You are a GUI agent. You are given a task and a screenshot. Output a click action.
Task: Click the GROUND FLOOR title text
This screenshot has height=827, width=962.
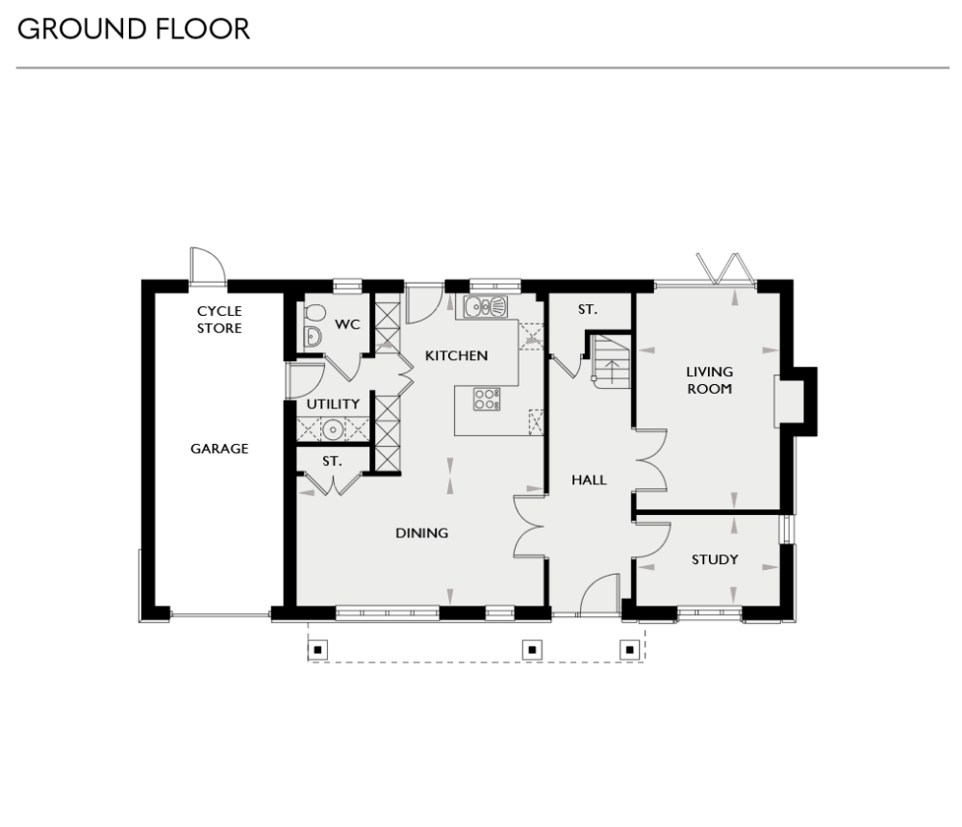(134, 29)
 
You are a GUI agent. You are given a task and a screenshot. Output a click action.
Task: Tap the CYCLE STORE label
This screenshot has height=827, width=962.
(219, 320)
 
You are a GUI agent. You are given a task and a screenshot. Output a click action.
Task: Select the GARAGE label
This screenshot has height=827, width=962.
(219, 449)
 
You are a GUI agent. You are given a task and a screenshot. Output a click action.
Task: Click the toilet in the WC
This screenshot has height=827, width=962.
(314, 314)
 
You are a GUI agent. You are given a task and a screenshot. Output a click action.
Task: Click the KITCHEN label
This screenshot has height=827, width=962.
(457, 355)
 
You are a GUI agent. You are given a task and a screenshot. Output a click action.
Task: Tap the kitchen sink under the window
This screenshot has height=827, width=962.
(486, 307)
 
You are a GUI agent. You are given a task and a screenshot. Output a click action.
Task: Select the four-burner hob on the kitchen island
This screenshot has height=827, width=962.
(487, 399)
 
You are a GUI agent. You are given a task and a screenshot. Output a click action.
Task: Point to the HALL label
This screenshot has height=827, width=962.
(589, 479)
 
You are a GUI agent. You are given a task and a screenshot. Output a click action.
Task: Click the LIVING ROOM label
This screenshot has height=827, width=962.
(709, 380)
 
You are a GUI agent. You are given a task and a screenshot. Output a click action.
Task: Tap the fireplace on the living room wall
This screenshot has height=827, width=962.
(781, 400)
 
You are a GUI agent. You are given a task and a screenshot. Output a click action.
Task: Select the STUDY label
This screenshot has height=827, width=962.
(715, 559)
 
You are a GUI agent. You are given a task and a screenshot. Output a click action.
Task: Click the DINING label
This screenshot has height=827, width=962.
(422, 532)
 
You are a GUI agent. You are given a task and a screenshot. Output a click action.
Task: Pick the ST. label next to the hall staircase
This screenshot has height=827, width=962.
(587, 310)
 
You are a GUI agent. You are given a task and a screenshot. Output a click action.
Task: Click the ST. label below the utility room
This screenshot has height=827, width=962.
(332, 461)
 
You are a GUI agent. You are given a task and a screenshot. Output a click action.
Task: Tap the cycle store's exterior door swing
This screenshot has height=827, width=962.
(206, 265)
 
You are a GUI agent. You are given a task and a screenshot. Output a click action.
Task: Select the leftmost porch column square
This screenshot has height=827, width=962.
(319, 649)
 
